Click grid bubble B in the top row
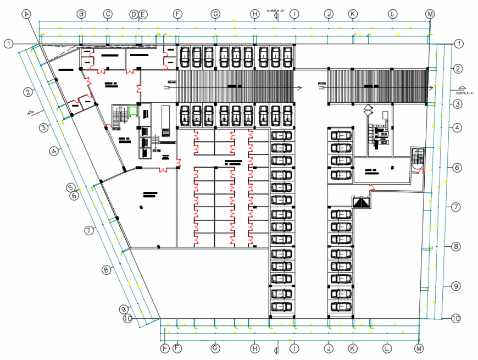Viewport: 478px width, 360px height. pyautogui.click(x=81, y=14)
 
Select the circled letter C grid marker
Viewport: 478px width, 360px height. pyautogui.click(x=108, y=14)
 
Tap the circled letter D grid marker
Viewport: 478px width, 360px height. pyautogui.click(x=134, y=14)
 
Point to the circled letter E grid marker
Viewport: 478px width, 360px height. pyautogui.click(x=143, y=14)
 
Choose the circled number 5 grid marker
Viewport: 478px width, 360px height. pyautogui.click(x=71, y=187)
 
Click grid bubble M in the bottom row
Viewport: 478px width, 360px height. pyautogui.click(x=419, y=348)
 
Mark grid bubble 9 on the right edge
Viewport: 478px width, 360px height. pyautogui.click(x=455, y=286)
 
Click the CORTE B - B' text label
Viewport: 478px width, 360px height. pyautogui.click(x=275, y=10)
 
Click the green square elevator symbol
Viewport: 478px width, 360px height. pyautogui.click(x=133, y=110)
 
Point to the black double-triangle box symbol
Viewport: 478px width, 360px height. pyautogui.click(x=360, y=202)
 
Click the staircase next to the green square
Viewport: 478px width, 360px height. pyautogui.click(x=119, y=115)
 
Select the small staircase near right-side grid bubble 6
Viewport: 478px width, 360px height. pyautogui.click(x=418, y=158)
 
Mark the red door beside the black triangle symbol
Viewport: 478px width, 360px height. pyautogui.click(x=371, y=189)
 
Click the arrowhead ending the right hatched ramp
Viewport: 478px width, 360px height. pyautogui.click(x=432, y=87)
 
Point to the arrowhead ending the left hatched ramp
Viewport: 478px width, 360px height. pyautogui.click(x=299, y=87)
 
